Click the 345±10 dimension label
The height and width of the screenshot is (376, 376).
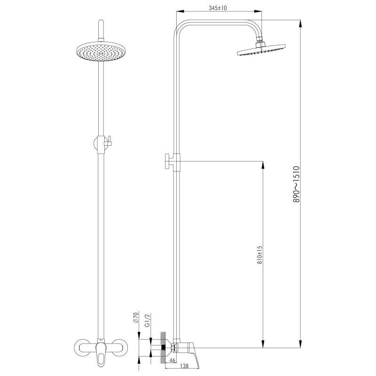pyautogui.click(x=218, y=8)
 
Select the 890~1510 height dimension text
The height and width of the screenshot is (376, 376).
pyautogui.click(x=297, y=184)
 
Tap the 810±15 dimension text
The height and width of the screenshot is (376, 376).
pyautogui.click(x=260, y=255)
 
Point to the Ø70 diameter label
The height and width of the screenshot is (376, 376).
pyautogui.click(x=136, y=318)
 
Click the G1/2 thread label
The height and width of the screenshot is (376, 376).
pyautogui.click(x=148, y=320)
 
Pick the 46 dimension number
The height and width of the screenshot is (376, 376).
pyautogui.click(x=172, y=360)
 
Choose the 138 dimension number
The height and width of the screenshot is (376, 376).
pyautogui.click(x=184, y=366)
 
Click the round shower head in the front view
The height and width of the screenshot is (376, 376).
pyautogui.click(x=101, y=51)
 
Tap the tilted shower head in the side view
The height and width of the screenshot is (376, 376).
pyautogui.click(x=261, y=50)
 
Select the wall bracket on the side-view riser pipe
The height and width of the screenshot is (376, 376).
pyautogui.click(x=172, y=162)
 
